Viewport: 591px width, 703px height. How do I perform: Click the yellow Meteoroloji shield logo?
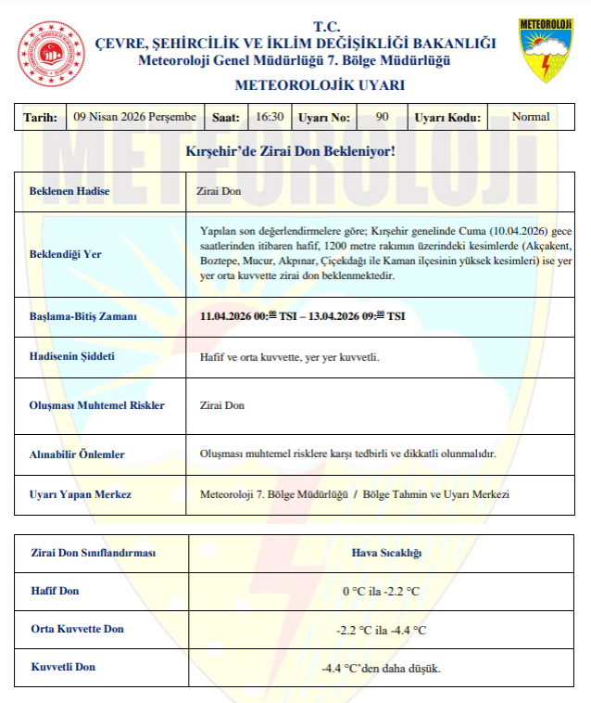click(x=545, y=50)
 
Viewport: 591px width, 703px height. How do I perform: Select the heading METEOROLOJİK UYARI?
click(x=295, y=85)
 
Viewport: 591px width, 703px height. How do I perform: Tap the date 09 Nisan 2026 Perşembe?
click(x=135, y=117)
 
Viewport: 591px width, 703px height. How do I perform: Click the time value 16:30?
click(x=270, y=117)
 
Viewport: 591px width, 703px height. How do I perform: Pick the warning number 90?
click(x=383, y=117)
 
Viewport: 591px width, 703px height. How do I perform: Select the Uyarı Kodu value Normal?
click(x=531, y=117)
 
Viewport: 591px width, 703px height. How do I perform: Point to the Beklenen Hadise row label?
click(x=69, y=191)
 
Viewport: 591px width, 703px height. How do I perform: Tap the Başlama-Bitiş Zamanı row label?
click(x=83, y=316)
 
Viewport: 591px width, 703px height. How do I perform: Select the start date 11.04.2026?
click(x=228, y=316)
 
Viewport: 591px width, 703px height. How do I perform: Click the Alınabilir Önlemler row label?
click(x=78, y=454)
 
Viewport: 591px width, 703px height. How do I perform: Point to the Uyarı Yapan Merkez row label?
click(x=81, y=494)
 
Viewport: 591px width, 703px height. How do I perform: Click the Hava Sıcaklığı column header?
click(x=386, y=553)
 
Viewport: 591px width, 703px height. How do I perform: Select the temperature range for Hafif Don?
click(x=381, y=591)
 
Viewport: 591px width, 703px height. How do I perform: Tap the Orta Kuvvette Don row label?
click(x=78, y=629)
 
